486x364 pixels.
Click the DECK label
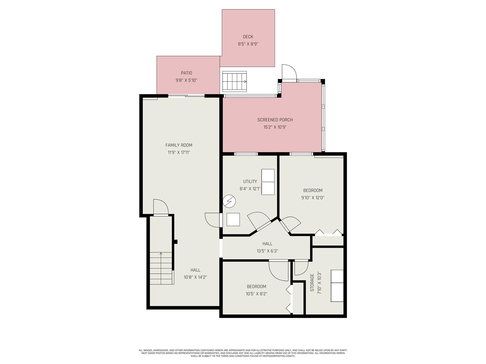248,37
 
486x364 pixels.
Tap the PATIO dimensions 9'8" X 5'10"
186,80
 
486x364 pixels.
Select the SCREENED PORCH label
275,120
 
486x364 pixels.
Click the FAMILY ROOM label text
179,145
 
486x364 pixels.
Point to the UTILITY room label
250,181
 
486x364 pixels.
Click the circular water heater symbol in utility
229,201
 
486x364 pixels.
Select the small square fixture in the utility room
233,220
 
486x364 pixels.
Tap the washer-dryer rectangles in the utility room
268,182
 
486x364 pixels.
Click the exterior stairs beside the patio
234,81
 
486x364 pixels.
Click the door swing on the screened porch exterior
289,73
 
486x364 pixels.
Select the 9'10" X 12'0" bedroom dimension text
313,198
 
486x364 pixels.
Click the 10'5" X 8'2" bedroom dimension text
256,293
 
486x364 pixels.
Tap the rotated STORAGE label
312,282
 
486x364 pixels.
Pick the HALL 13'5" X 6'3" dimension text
267,251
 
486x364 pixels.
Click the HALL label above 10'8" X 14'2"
196,270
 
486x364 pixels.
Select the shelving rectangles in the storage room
337,286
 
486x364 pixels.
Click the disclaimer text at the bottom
243,353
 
